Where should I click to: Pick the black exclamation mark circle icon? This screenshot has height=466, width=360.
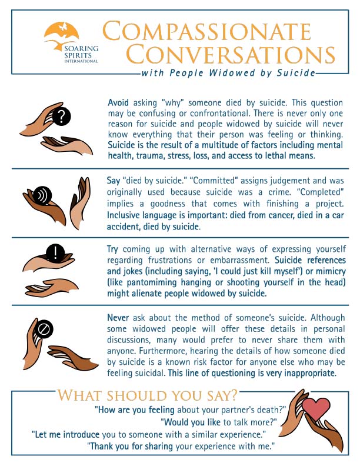pyautogui.click(x=55, y=254)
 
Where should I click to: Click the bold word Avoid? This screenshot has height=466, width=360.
pyautogui.click(x=118, y=102)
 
